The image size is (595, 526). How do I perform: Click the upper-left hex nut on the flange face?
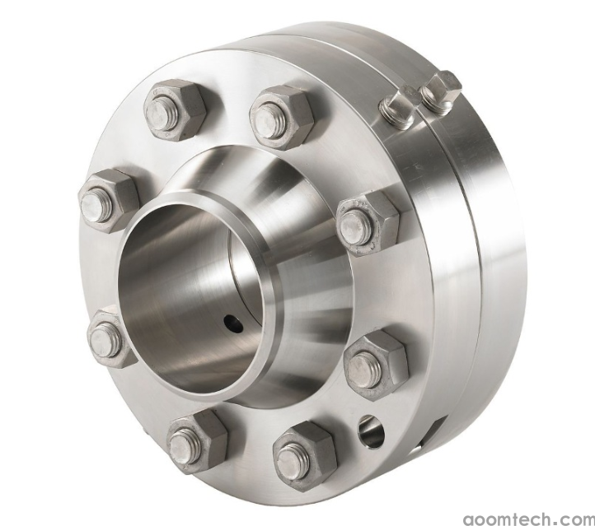[175, 110]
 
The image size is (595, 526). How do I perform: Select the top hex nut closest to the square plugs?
[282, 117]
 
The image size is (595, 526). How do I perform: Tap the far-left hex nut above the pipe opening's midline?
[109, 200]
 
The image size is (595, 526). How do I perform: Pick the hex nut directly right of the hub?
[368, 225]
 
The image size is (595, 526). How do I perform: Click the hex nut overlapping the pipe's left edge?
[111, 338]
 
